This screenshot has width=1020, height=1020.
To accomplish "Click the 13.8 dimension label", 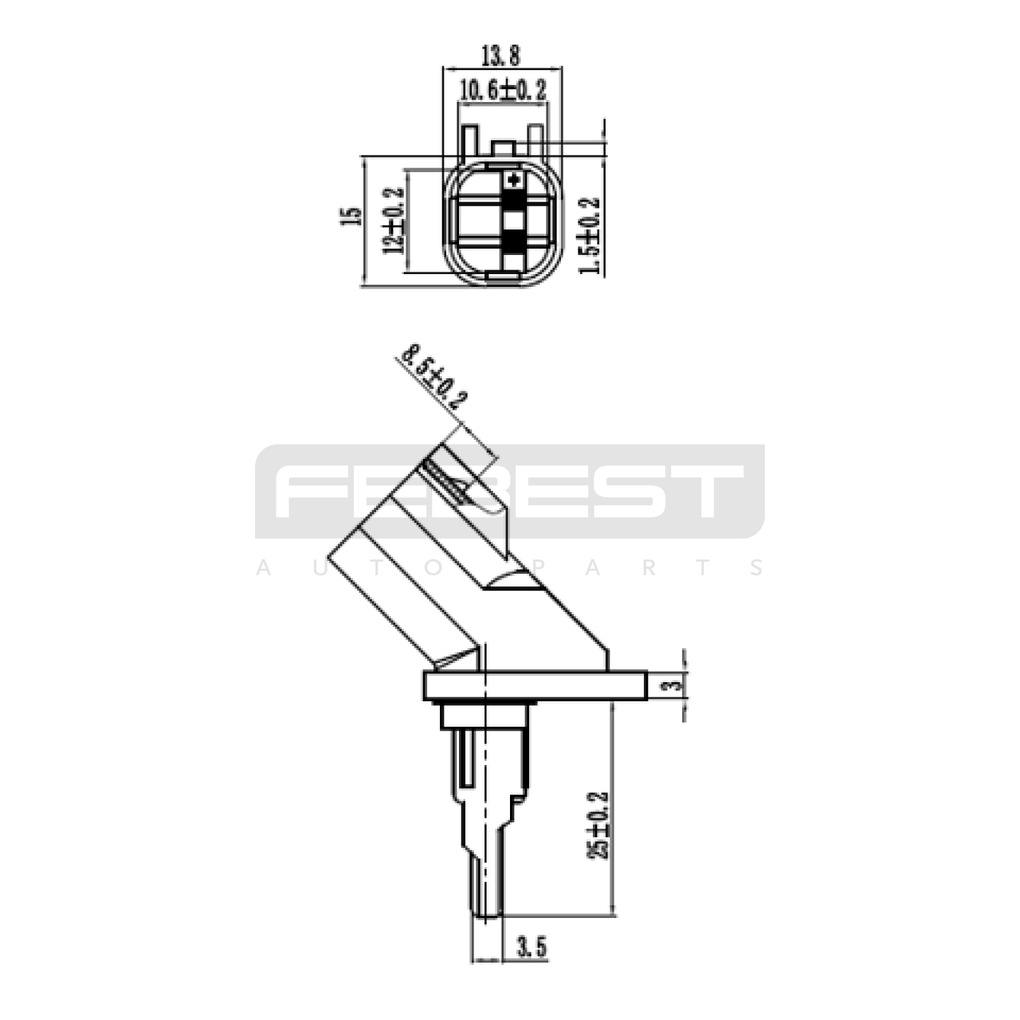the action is coord(500,55).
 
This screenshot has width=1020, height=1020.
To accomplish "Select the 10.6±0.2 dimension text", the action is coord(503,90).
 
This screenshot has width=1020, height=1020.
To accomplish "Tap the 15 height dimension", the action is coord(351,216).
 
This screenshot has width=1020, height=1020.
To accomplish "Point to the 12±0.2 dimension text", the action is coord(394,221).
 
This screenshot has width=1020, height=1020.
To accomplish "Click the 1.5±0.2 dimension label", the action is coord(589,236).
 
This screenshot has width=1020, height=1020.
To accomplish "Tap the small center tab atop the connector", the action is coord(504,149).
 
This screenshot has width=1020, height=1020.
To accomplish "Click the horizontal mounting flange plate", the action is coord(535,685).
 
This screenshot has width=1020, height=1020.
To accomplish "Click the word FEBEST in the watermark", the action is coord(509,491).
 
